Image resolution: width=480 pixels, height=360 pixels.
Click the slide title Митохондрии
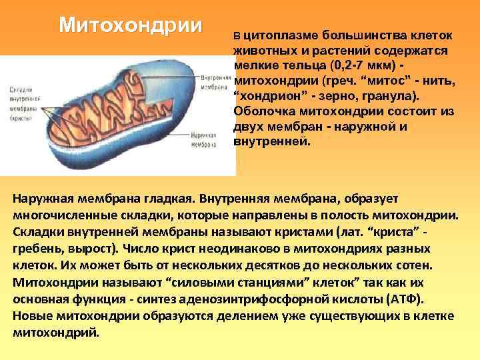[x=130, y=25]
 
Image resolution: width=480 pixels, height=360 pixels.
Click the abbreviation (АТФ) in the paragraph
[x=411, y=299]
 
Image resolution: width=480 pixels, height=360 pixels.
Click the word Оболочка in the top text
[x=263, y=111]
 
